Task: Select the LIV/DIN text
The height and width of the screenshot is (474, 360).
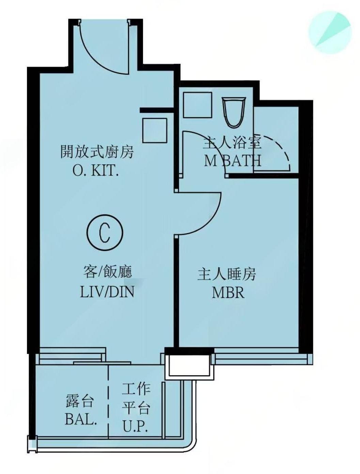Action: (107, 292)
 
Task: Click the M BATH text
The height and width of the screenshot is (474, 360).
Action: (233, 161)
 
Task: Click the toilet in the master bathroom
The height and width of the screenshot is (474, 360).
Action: (234, 112)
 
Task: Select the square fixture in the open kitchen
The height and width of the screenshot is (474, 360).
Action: (155, 130)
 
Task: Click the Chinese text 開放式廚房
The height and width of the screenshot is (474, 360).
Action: (97, 152)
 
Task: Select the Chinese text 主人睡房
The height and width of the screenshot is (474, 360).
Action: (226, 274)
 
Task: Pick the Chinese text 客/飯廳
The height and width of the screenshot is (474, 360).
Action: (107, 272)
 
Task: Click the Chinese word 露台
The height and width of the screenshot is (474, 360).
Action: (79, 402)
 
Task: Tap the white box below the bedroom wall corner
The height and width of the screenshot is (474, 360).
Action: (190, 367)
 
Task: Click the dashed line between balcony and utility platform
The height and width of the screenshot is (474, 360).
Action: (109, 402)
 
